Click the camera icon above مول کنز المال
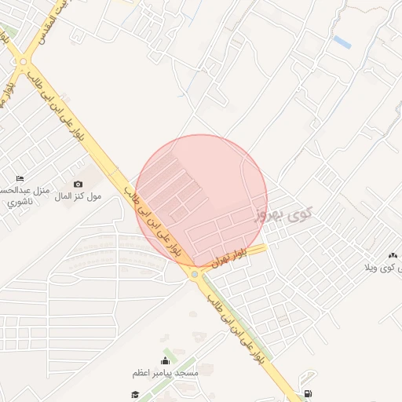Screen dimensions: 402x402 (x=78, y=184)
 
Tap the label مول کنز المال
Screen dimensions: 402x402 (x=78, y=195)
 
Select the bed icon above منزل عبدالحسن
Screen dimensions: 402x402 (x=20, y=178)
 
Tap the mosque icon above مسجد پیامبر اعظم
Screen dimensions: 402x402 (x=166, y=361)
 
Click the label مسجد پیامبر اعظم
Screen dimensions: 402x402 (x=166, y=372)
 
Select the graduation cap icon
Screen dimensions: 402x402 (x=135, y=394)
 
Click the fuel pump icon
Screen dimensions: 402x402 (x=305, y=394)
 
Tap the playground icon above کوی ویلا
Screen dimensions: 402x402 (x=393, y=255)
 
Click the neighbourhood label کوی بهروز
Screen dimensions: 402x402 (x=283, y=214)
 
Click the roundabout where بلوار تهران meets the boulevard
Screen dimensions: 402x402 (x=194, y=274)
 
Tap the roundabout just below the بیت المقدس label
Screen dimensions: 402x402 (x=24, y=60)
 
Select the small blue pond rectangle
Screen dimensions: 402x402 (x=342, y=41)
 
